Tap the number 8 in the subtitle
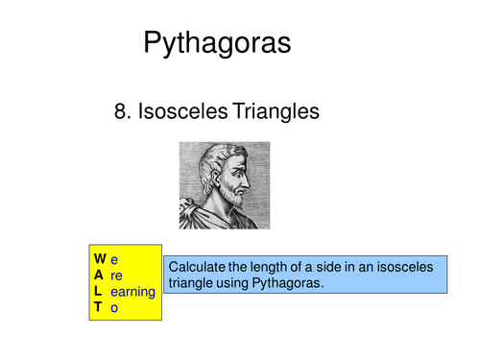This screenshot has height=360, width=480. pos(121,112)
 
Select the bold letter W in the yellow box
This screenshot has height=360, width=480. pos(100,258)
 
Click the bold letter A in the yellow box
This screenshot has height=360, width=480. pos(99,275)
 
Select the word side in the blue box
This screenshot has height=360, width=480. pos(341,266)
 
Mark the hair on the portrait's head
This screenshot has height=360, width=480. pos(216,158)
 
